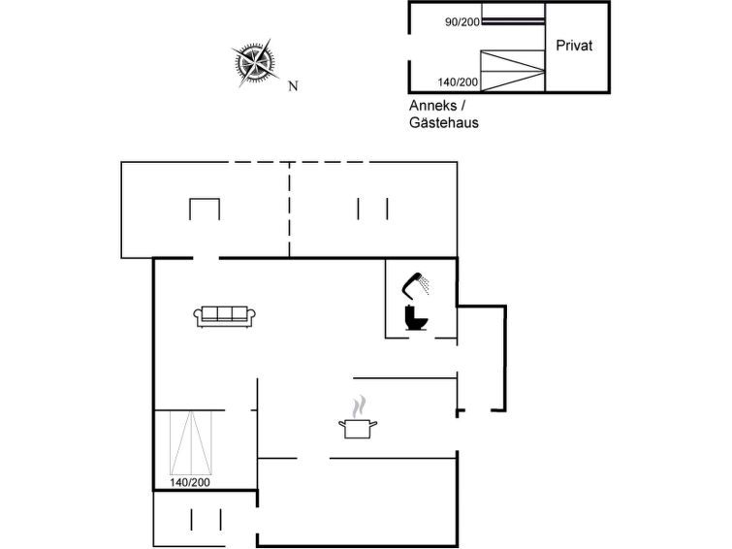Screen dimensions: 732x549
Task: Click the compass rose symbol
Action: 255,63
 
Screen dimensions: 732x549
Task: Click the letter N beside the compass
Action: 293,86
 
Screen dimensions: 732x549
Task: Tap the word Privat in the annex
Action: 574,46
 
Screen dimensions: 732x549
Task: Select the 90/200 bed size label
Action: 462,22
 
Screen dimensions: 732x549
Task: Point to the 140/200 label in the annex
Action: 458,82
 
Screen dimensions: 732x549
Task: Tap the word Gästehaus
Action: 444,122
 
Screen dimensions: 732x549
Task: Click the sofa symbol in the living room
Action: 225,316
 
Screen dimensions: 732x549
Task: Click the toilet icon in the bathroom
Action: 416,318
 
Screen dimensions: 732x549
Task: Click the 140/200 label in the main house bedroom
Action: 190,482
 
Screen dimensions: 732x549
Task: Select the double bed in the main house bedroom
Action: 191,442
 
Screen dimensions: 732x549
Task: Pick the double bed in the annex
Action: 513,71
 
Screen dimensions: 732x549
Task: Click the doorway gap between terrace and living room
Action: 206,258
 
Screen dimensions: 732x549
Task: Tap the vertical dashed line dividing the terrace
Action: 290,210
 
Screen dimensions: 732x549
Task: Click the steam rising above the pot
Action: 359,407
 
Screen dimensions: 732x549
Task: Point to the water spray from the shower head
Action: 424,285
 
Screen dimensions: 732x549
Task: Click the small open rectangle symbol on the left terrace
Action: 205,209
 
